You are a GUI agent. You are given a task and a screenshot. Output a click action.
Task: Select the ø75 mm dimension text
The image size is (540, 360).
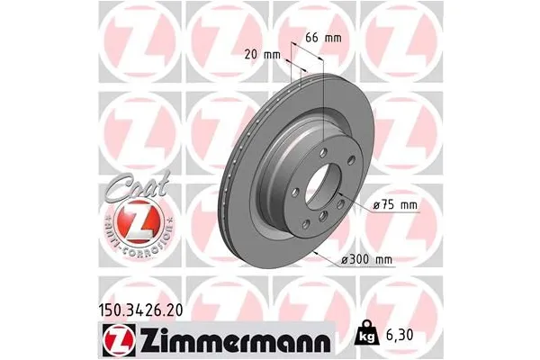pos(396,205)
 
